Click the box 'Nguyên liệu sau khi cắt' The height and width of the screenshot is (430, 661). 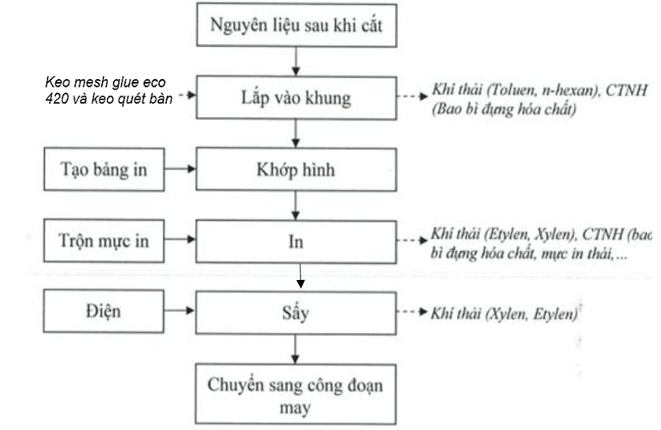point(296,25)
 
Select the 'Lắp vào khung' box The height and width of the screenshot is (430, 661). point(296,99)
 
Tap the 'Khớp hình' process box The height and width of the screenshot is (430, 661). point(296,168)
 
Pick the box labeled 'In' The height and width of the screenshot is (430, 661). point(296,241)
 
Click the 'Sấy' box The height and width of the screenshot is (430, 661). point(296,311)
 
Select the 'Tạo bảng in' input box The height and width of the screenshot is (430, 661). point(104,168)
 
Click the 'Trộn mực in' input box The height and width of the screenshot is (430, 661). point(104,241)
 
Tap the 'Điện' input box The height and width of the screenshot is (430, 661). point(104,311)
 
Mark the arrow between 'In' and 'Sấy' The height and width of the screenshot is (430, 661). point(300,276)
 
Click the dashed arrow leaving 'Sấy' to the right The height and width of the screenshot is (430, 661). point(413,313)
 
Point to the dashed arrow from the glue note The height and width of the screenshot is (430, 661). point(184,96)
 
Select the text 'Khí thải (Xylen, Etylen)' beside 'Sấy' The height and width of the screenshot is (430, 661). point(504,314)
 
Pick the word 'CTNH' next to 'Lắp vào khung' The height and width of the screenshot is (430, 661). point(629,92)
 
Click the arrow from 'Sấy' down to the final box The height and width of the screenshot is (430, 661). point(296,348)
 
